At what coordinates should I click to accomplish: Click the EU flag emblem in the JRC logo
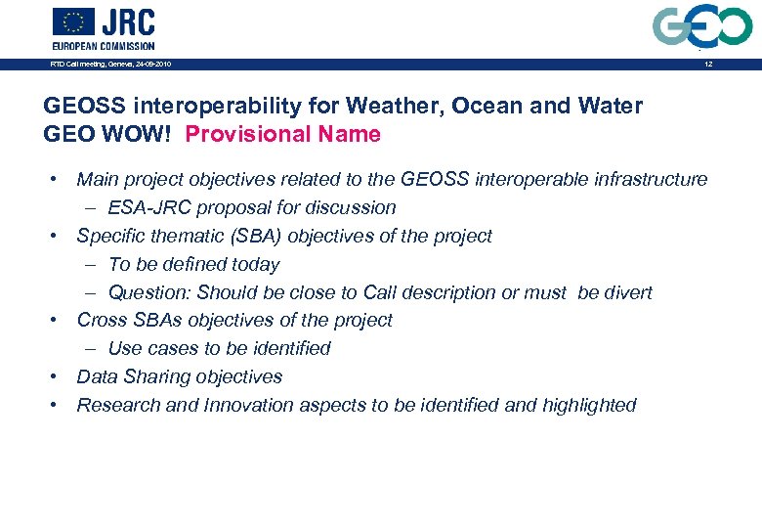coord(73,22)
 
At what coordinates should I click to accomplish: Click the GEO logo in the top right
coord(702,26)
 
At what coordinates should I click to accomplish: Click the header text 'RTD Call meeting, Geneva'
coord(110,65)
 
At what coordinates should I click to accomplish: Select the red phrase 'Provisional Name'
coord(282,134)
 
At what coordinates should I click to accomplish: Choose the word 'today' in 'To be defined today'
coord(256,264)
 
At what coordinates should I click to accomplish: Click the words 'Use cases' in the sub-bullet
coord(149,348)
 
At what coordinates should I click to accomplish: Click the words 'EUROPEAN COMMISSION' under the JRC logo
coord(104,46)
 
